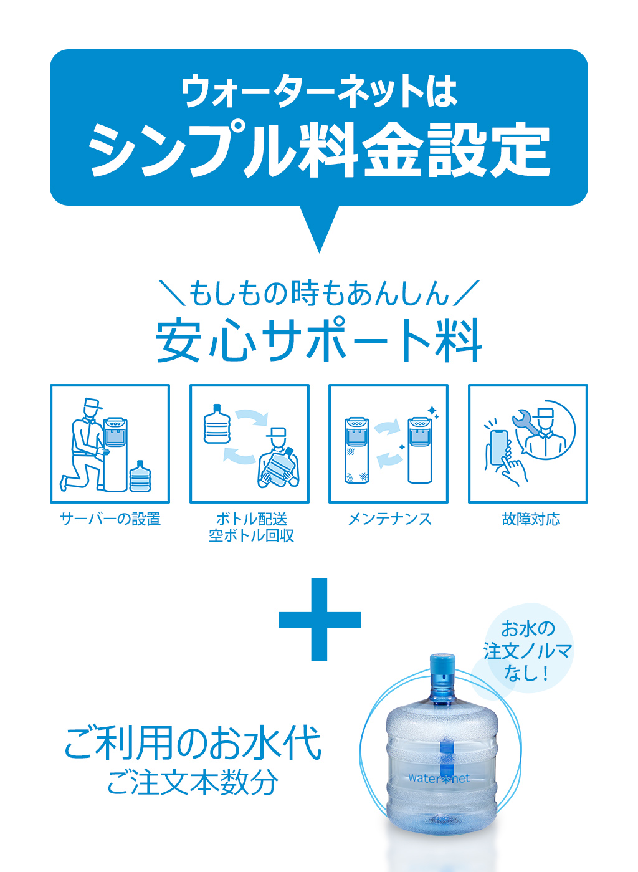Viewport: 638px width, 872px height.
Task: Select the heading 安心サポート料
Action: coord(319,340)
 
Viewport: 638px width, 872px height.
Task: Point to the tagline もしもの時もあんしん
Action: coord(319,292)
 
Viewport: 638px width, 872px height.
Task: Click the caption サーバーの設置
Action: coord(110,519)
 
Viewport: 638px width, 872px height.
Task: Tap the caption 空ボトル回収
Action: coord(251,535)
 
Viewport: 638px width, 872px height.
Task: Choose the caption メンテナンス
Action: coord(389,519)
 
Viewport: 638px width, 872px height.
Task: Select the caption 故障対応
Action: coord(531,519)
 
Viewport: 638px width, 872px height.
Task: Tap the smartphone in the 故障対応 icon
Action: coord(499,448)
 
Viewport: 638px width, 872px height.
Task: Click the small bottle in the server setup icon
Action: coord(140,476)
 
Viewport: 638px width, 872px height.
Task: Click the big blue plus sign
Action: coord(320,620)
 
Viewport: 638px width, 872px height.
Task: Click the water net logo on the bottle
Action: coord(439,778)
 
